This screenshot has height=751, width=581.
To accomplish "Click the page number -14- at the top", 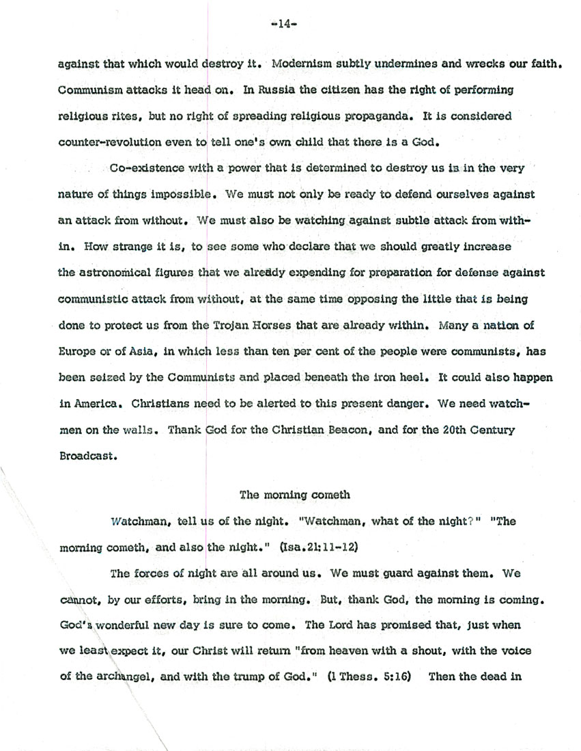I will tap(281, 23).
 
